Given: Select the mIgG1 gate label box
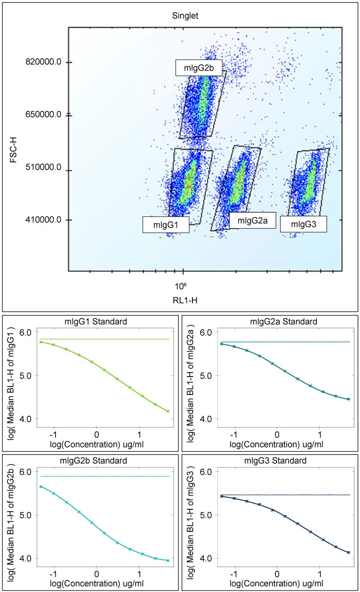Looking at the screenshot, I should click(x=166, y=225).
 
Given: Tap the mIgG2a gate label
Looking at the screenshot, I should click(x=252, y=220).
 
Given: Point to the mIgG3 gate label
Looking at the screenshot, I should click(x=304, y=224).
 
